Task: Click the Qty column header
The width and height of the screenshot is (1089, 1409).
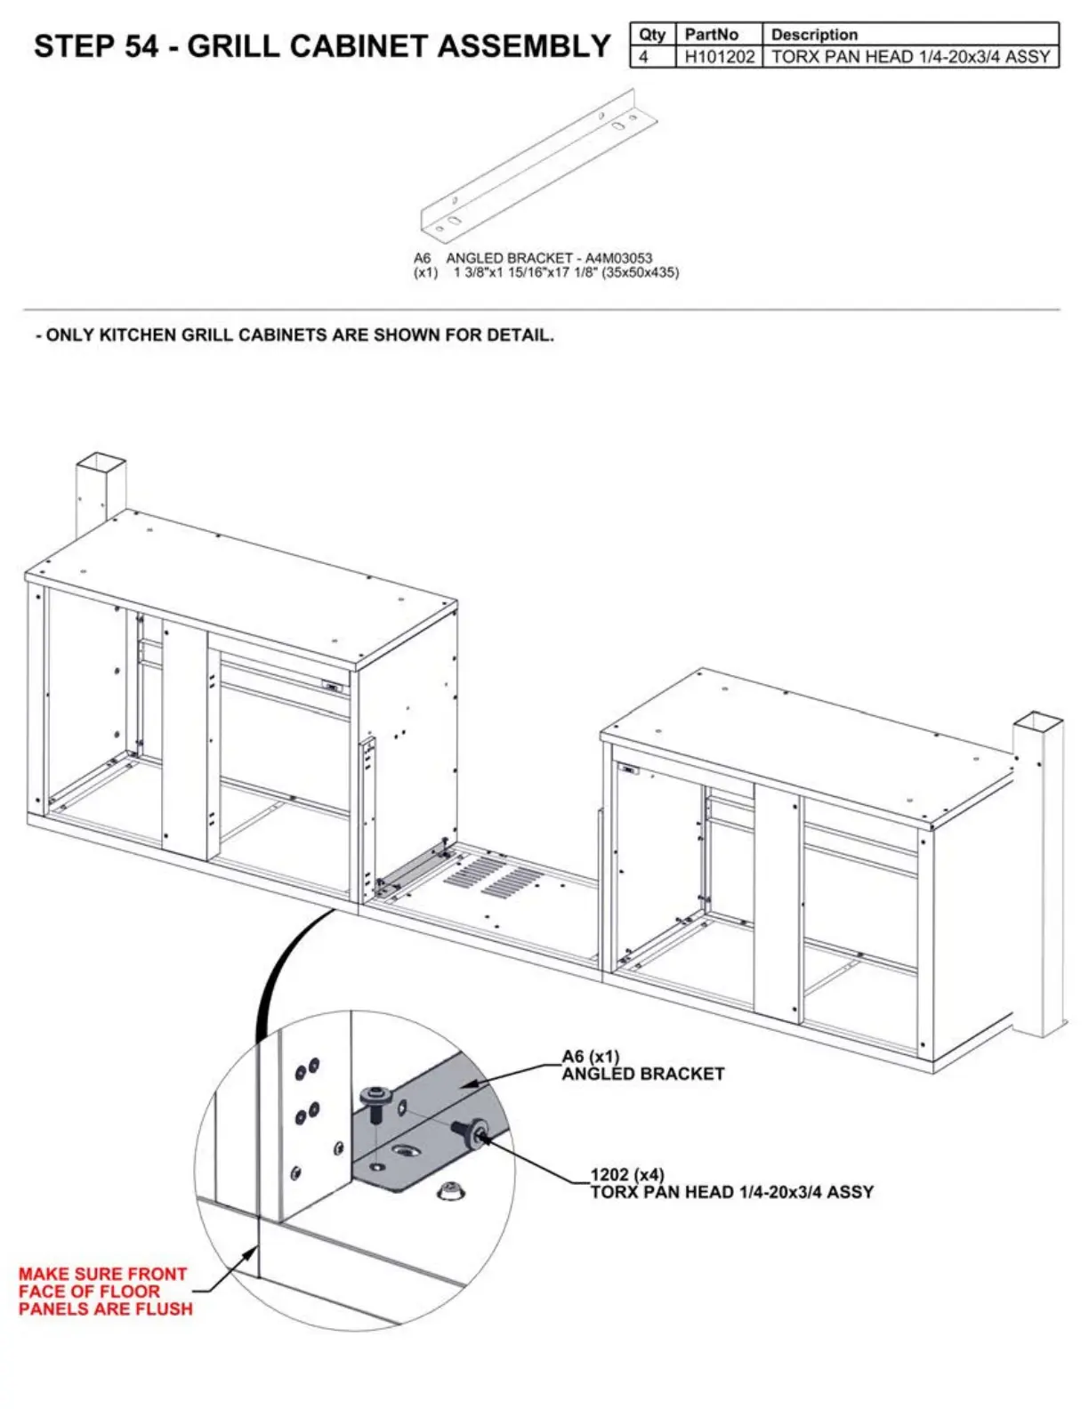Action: [652, 35]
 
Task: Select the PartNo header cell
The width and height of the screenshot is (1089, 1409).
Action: [711, 35]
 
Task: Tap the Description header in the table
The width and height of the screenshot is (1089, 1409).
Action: [814, 35]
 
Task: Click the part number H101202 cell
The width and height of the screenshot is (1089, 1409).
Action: [719, 57]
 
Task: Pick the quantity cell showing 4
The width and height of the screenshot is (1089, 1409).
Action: [644, 57]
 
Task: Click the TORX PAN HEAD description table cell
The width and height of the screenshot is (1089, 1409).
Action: [910, 57]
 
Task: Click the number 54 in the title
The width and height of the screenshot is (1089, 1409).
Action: [141, 46]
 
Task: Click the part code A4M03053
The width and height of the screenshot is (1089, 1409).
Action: [618, 258]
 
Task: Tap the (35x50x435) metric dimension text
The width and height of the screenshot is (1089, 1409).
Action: [640, 272]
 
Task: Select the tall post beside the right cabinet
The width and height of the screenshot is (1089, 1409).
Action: [1037, 872]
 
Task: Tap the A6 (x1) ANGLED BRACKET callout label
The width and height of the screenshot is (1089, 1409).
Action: [642, 1065]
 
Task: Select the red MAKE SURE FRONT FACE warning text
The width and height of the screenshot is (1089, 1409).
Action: [104, 1291]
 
